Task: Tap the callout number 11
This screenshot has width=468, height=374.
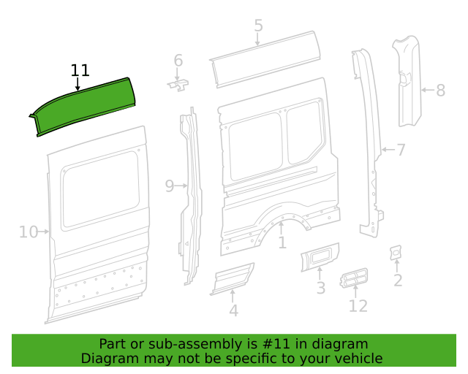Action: [x=80, y=71]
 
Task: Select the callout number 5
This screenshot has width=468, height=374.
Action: [x=258, y=26]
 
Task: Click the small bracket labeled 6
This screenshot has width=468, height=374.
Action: [x=178, y=85]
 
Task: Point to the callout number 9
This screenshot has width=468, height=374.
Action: [x=170, y=186]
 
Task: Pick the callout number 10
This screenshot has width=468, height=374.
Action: [x=29, y=232]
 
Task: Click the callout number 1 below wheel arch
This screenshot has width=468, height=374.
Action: [x=282, y=243]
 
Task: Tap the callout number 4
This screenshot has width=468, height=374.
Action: [x=234, y=310]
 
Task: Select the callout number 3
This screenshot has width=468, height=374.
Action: [x=321, y=288]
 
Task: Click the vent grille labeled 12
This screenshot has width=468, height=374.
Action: [x=354, y=278]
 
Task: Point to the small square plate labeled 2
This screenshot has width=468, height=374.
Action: [x=396, y=253]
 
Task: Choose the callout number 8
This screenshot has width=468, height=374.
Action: [x=440, y=90]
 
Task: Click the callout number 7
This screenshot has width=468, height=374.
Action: [x=401, y=150]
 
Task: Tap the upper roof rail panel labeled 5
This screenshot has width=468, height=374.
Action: [x=265, y=59]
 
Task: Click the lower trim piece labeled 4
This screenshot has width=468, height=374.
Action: [x=233, y=279]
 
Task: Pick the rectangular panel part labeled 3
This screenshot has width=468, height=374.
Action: [x=320, y=256]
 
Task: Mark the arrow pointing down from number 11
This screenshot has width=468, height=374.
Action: [x=78, y=84]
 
